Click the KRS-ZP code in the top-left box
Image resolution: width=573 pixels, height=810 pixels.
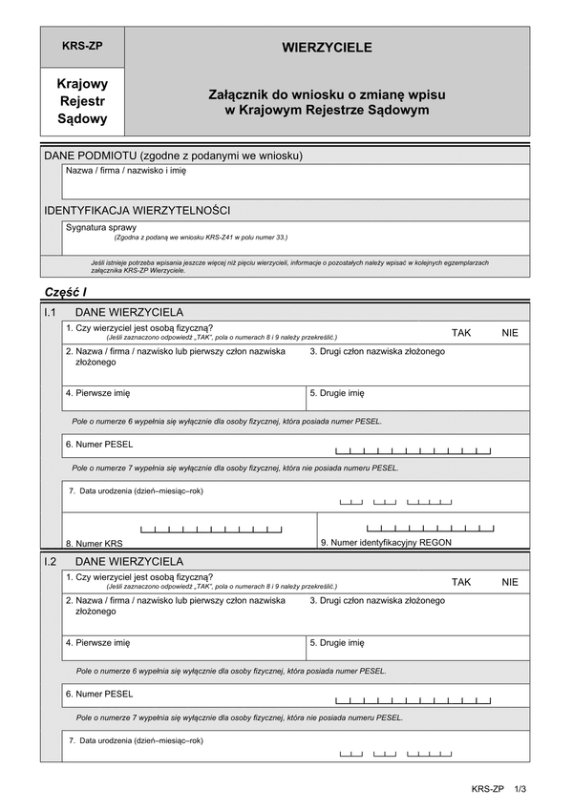[x=81, y=46]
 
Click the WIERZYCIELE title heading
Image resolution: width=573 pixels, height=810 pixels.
[x=327, y=47]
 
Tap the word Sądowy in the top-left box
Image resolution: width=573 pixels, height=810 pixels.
[x=83, y=119]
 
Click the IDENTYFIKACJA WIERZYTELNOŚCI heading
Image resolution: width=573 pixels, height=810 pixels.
[x=137, y=210]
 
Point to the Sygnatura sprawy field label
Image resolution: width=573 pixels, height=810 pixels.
[x=101, y=228]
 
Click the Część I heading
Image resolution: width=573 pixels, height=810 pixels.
[x=65, y=291]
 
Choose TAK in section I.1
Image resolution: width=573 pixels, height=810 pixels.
[x=461, y=332]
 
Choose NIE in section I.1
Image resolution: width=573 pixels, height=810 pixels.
[x=510, y=332]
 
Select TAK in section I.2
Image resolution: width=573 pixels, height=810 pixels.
[x=461, y=581]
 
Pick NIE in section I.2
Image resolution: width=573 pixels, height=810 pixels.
[x=510, y=581]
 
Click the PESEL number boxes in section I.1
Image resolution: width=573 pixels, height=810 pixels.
[x=414, y=449]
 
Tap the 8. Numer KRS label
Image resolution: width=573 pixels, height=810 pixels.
[x=95, y=543]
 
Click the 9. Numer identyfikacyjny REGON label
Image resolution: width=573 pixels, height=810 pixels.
[x=386, y=542]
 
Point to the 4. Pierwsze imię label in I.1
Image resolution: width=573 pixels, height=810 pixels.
[x=98, y=393]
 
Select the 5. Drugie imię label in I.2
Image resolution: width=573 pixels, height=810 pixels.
[x=337, y=643]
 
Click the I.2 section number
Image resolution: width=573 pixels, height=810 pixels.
[x=52, y=562]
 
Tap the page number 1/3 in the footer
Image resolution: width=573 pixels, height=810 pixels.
[x=520, y=789]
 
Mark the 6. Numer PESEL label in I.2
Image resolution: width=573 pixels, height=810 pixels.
[x=99, y=694]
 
